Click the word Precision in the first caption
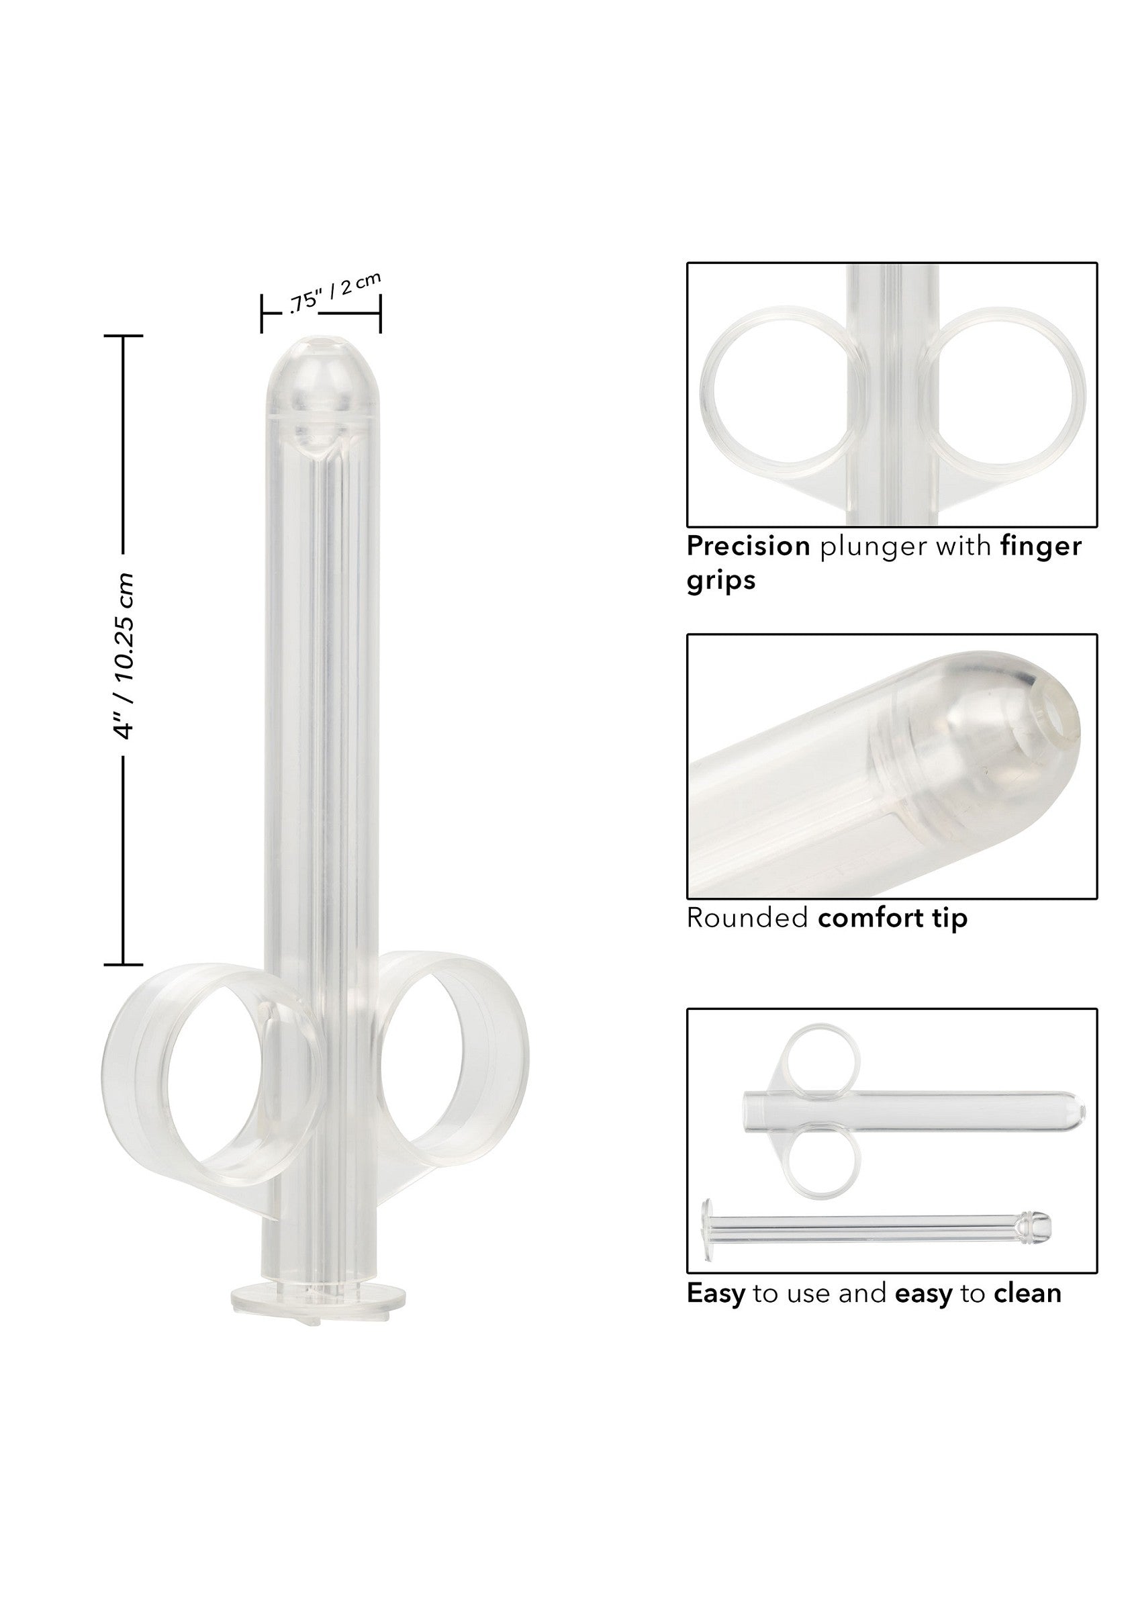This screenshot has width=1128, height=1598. point(747,547)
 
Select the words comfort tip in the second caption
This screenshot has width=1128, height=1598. point(892,918)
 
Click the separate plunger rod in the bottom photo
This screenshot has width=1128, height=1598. point(877,1230)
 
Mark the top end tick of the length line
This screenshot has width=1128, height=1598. point(123,336)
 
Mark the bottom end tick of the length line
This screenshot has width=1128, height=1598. point(123,965)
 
